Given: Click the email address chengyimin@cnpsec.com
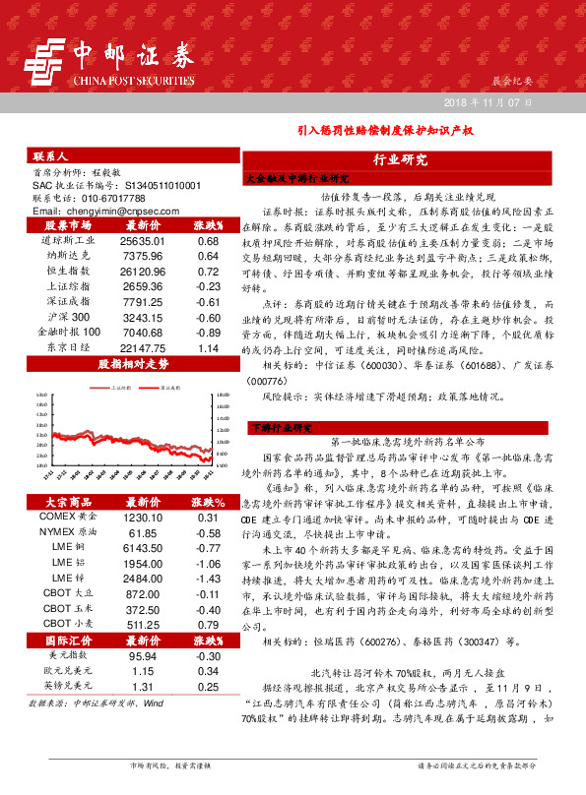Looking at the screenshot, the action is click(103, 212).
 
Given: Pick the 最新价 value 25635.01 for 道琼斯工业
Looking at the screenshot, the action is click(141, 240).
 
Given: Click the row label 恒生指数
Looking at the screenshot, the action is click(68, 267).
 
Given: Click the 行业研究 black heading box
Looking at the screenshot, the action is click(400, 159).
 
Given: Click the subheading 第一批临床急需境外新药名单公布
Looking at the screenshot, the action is click(399, 443).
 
